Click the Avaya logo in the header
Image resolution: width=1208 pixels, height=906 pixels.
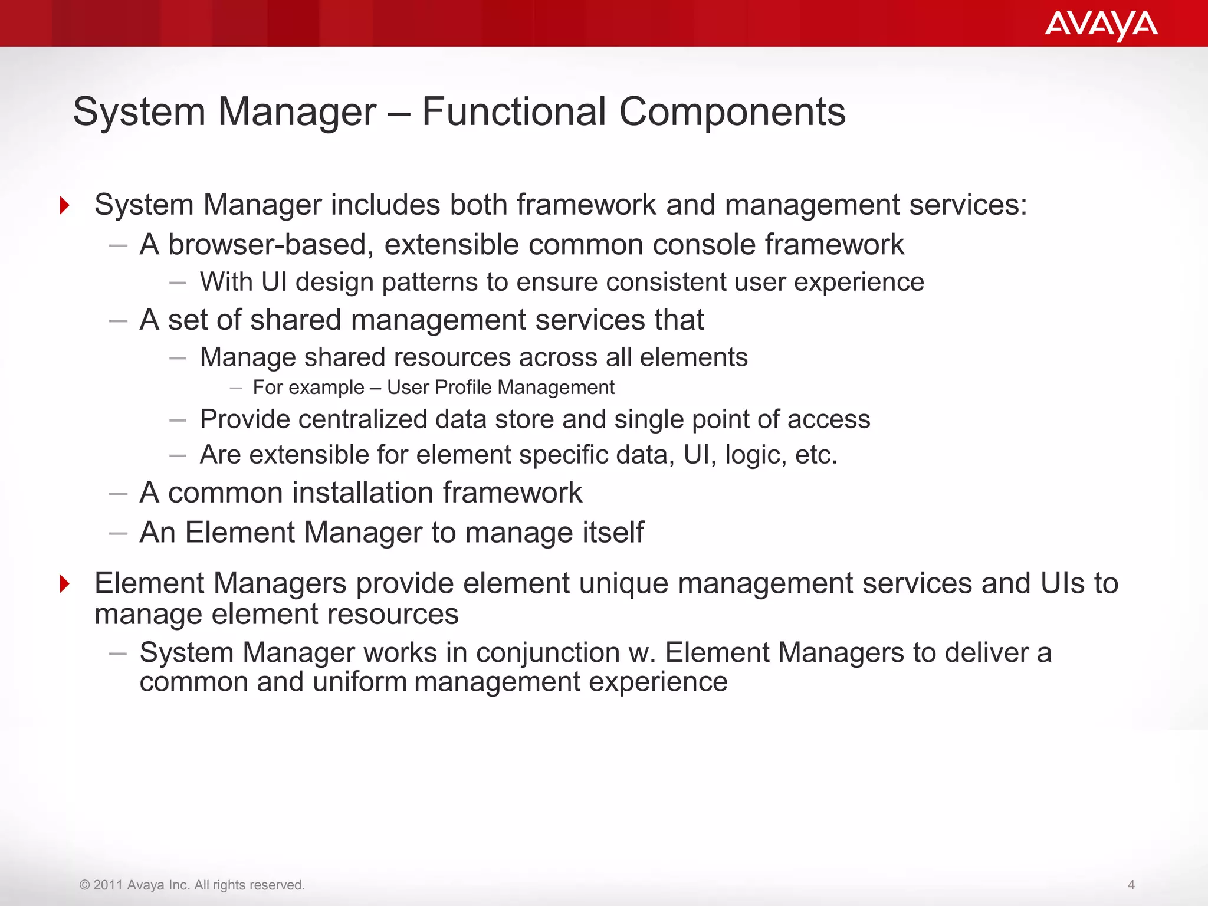click(1101, 25)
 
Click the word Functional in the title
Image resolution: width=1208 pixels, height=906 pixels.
click(514, 111)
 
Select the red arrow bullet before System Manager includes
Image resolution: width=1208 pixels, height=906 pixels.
click(65, 205)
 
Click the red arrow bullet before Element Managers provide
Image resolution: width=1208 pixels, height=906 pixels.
click(65, 584)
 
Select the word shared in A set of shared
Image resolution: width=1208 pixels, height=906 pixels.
click(291, 320)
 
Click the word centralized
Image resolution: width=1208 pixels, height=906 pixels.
click(362, 419)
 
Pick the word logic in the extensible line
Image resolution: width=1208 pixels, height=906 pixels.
click(754, 455)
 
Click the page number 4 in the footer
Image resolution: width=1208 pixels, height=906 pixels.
click(1131, 885)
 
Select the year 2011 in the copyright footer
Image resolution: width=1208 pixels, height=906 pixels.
click(108, 885)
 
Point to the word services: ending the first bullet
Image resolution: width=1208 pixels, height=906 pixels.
click(968, 205)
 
